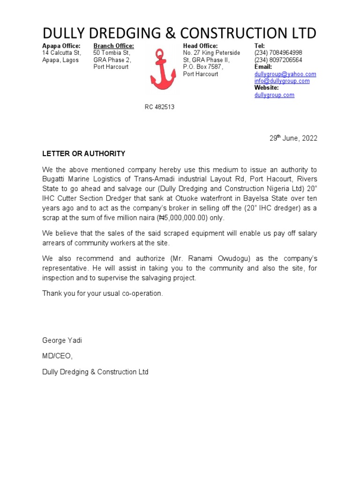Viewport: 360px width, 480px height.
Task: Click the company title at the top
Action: pos(180,33)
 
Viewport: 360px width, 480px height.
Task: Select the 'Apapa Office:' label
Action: pos(61,46)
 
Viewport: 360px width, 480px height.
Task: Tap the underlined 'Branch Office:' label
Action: pos(113,46)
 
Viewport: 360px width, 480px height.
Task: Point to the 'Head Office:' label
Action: pos(200,46)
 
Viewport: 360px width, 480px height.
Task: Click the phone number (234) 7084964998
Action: pos(278,53)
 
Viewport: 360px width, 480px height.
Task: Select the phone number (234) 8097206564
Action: pos(278,60)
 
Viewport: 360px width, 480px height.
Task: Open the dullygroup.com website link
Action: pos(274,95)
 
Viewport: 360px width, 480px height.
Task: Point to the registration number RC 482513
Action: pos(159,107)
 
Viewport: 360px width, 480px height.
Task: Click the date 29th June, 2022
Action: pos(293,138)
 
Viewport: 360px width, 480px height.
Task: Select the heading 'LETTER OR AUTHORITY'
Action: pos(84,154)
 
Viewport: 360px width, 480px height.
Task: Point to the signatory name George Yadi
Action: pos(62,340)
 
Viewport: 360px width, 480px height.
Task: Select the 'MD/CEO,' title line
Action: pos(58,356)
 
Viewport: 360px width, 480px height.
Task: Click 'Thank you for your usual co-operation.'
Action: pos(103,293)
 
